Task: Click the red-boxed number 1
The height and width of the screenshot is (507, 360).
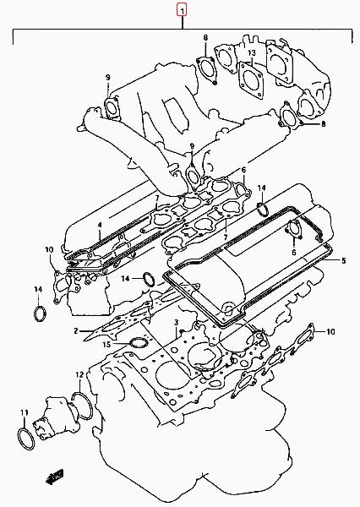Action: (x=182, y=10)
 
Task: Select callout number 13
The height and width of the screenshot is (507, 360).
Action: (x=252, y=52)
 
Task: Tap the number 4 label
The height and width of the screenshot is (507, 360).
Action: (x=100, y=225)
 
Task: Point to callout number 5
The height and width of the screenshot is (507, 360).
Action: (x=343, y=260)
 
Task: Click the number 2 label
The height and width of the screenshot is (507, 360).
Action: (x=76, y=330)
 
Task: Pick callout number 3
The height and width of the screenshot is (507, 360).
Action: (x=177, y=323)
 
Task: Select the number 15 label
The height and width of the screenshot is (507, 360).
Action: (x=106, y=345)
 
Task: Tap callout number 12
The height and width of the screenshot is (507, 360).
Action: (x=79, y=375)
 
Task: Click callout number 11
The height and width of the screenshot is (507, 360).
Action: (x=25, y=412)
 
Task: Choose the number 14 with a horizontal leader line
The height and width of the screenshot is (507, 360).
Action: (x=126, y=278)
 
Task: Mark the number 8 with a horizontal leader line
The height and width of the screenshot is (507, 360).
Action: (x=323, y=124)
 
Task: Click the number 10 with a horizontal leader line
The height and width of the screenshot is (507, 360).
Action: (x=330, y=331)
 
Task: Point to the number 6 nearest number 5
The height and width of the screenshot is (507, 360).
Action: (x=294, y=252)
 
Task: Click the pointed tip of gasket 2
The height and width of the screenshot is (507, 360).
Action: (x=84, y=341)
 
